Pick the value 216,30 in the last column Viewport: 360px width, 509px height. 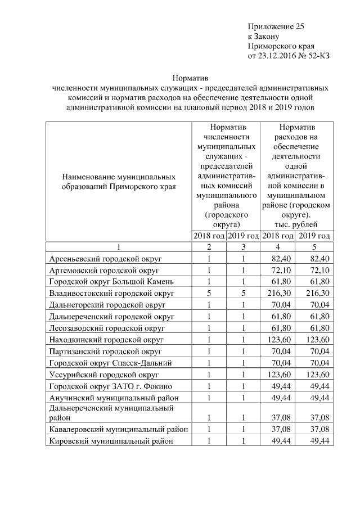[x=316, y=293]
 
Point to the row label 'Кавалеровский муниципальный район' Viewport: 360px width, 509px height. [x=118, y=429]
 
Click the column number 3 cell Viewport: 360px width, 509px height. [x=244, y=246]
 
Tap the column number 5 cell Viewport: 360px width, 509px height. [x=314, y=246]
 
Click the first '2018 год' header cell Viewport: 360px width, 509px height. [x=209, y=235]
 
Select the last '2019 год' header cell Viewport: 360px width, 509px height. [x=314, y=235]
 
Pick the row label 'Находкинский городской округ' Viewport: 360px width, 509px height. [x=106, y=339]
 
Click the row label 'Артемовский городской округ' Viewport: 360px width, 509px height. [x=104, y=270]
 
